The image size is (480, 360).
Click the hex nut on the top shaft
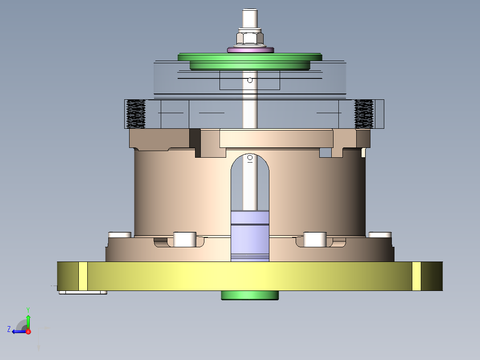coord(250,37)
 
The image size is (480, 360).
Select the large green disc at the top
coord(250,57)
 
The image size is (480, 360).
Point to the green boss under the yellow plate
coord(250,295)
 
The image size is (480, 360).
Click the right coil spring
coord(363,114)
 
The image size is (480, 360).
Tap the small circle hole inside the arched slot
coord(250,158)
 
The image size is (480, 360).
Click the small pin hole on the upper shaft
coord(250,80)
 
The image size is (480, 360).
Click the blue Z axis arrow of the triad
coord(17,331)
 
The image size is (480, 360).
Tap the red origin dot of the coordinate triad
coord(28,331)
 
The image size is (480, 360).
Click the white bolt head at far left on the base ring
coord(120,234)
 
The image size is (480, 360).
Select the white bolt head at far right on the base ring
coord(380,234)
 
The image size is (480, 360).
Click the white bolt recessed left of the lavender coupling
coord(184,239)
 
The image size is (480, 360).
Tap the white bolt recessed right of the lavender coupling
coord(315,239)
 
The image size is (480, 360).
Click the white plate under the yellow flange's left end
coord(83,293)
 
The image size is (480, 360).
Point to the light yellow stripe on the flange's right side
coord(416,276)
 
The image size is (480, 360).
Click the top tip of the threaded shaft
coord(250,11)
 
